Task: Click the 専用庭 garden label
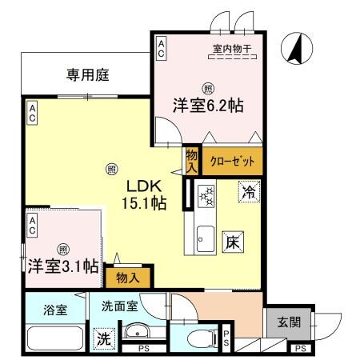coord(87,75)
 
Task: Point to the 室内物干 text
coord(232,50)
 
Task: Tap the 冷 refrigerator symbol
coord(248,192)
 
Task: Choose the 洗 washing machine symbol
coord(104,338)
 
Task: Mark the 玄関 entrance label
coord(289,322)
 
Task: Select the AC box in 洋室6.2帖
coord(161,47)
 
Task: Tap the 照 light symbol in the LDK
coord(111,169)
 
